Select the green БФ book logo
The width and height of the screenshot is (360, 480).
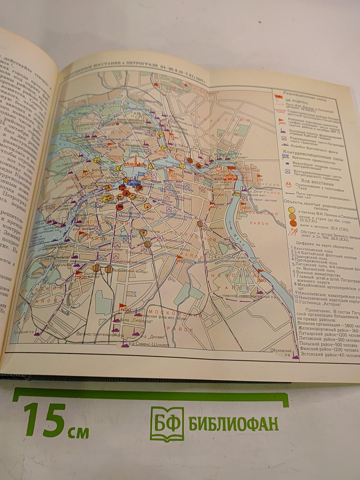(167, 423)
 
